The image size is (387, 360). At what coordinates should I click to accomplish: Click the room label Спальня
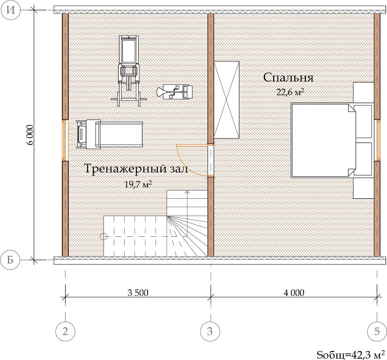pos(288,78)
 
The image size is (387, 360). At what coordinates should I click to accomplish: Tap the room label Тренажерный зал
pos(136,169)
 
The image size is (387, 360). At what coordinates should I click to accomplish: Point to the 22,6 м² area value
pos(290,92)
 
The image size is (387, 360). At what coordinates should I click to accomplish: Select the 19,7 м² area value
pos(138,184)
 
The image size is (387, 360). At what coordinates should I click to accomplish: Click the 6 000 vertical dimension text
pos(30,135)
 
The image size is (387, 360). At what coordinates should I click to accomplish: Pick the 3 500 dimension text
pos(138,293)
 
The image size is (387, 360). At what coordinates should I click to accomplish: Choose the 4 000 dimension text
pos(294,293)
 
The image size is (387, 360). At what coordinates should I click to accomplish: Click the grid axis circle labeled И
pos(10,10)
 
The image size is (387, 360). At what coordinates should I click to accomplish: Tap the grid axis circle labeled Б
pos(10,260)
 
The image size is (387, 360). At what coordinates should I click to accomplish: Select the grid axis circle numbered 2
pos(65,331)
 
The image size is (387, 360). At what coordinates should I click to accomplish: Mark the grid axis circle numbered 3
pos(210,331)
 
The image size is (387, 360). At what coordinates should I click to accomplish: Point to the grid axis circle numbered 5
pos(377,331)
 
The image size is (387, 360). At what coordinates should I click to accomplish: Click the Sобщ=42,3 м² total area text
pos(351,355)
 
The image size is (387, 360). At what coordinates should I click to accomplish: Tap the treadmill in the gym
pos(110,135)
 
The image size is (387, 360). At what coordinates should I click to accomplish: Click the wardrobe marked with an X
pos(226,100)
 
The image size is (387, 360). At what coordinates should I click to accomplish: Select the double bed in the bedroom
pos(324,141)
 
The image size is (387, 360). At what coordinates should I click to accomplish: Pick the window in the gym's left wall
pos(64,140)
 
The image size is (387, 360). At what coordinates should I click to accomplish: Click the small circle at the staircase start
pos(104,236)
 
